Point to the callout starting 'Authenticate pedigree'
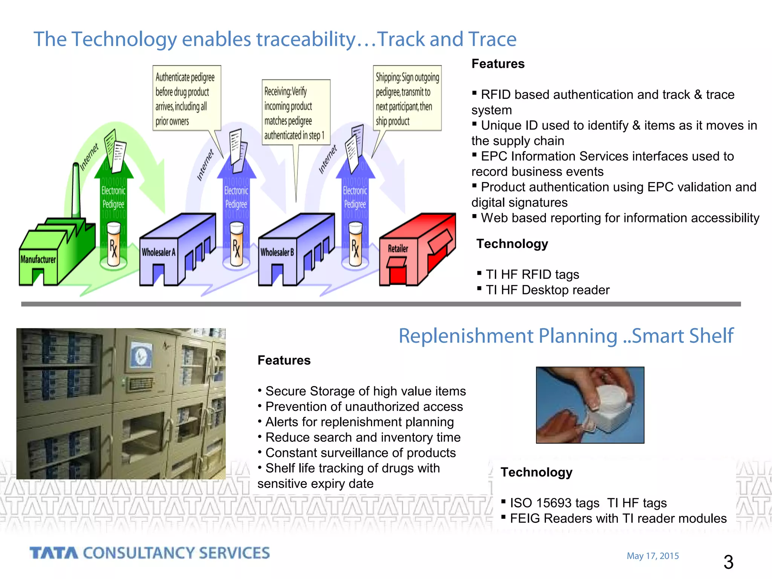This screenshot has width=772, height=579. pos(186,98)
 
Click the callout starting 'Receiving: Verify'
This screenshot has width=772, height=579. pos(296,112)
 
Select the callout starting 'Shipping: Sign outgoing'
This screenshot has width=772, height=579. pos(407,98)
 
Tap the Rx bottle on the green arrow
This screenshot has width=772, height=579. pos(113,244)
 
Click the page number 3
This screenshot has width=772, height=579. pos(728,562)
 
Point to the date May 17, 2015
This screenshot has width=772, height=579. pos(653,556)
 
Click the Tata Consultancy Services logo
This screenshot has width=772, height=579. pos(150,553)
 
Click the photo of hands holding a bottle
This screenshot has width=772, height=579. pos(590,405)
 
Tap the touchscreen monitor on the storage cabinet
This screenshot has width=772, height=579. pos(141,355)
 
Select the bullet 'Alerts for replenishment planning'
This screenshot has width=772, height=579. pos(359,422)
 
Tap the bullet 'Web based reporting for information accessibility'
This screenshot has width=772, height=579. pos(620,218)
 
